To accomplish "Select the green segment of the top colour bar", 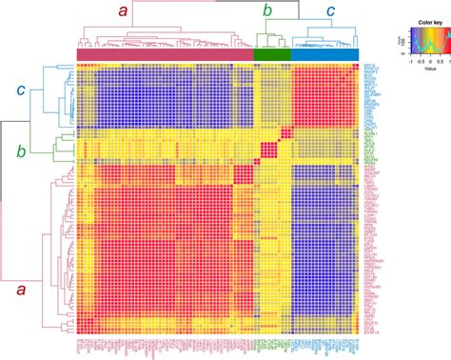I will pos(272,54).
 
